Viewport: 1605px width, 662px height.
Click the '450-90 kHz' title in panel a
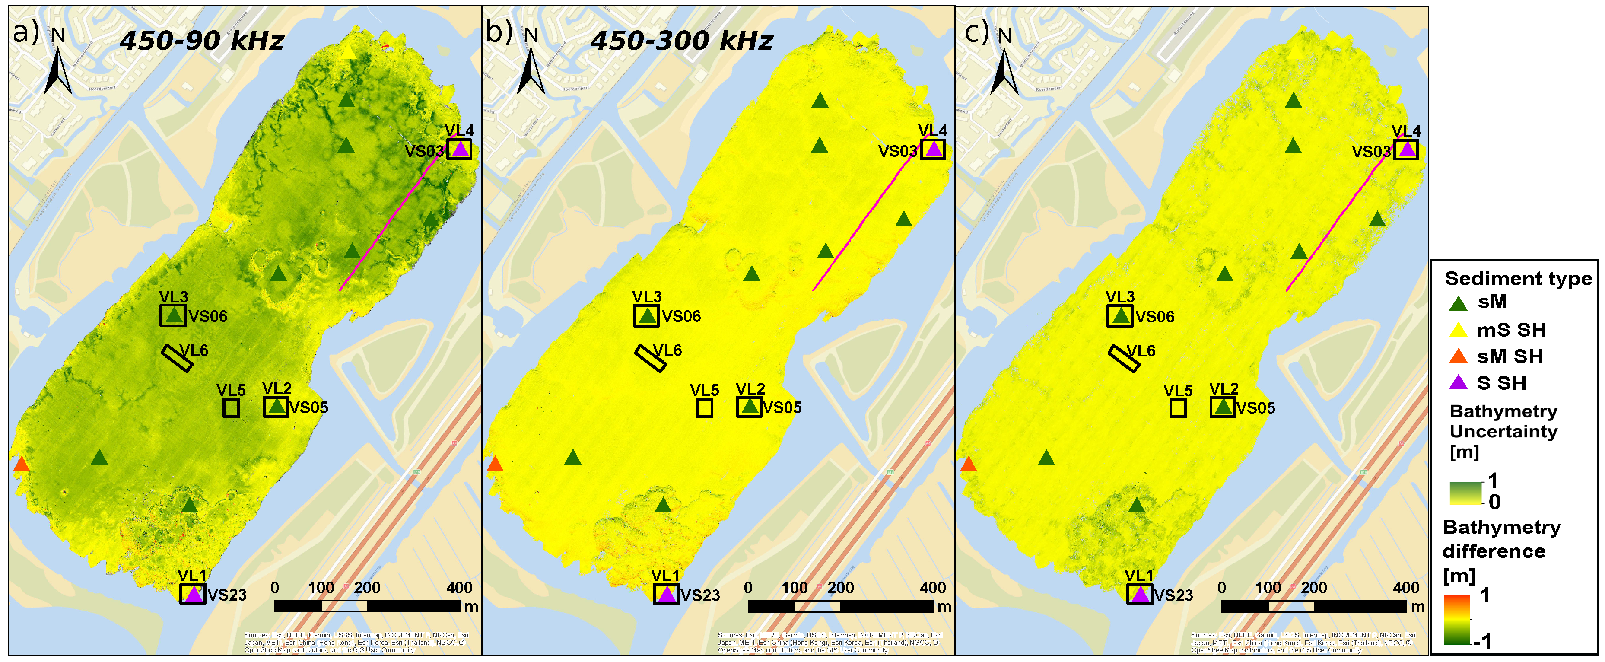[202, 41]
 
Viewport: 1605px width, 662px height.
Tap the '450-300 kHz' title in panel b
[682, 41]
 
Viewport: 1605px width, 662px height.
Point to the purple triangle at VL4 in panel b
[933, 150]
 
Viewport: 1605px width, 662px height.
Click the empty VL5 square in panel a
[231, 407]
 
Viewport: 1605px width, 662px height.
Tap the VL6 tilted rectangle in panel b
[651, 358]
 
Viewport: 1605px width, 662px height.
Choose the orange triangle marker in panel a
[21, 465]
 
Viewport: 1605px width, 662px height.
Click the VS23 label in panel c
[1173, 595]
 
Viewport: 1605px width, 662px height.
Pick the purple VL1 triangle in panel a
[193, 594]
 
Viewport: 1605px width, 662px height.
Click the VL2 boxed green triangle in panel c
[1223, 407]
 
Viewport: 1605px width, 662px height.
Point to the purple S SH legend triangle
[1459, 383]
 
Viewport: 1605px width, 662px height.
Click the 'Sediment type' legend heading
[1518, 279]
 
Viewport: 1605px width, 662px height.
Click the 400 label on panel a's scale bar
[459, 588]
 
